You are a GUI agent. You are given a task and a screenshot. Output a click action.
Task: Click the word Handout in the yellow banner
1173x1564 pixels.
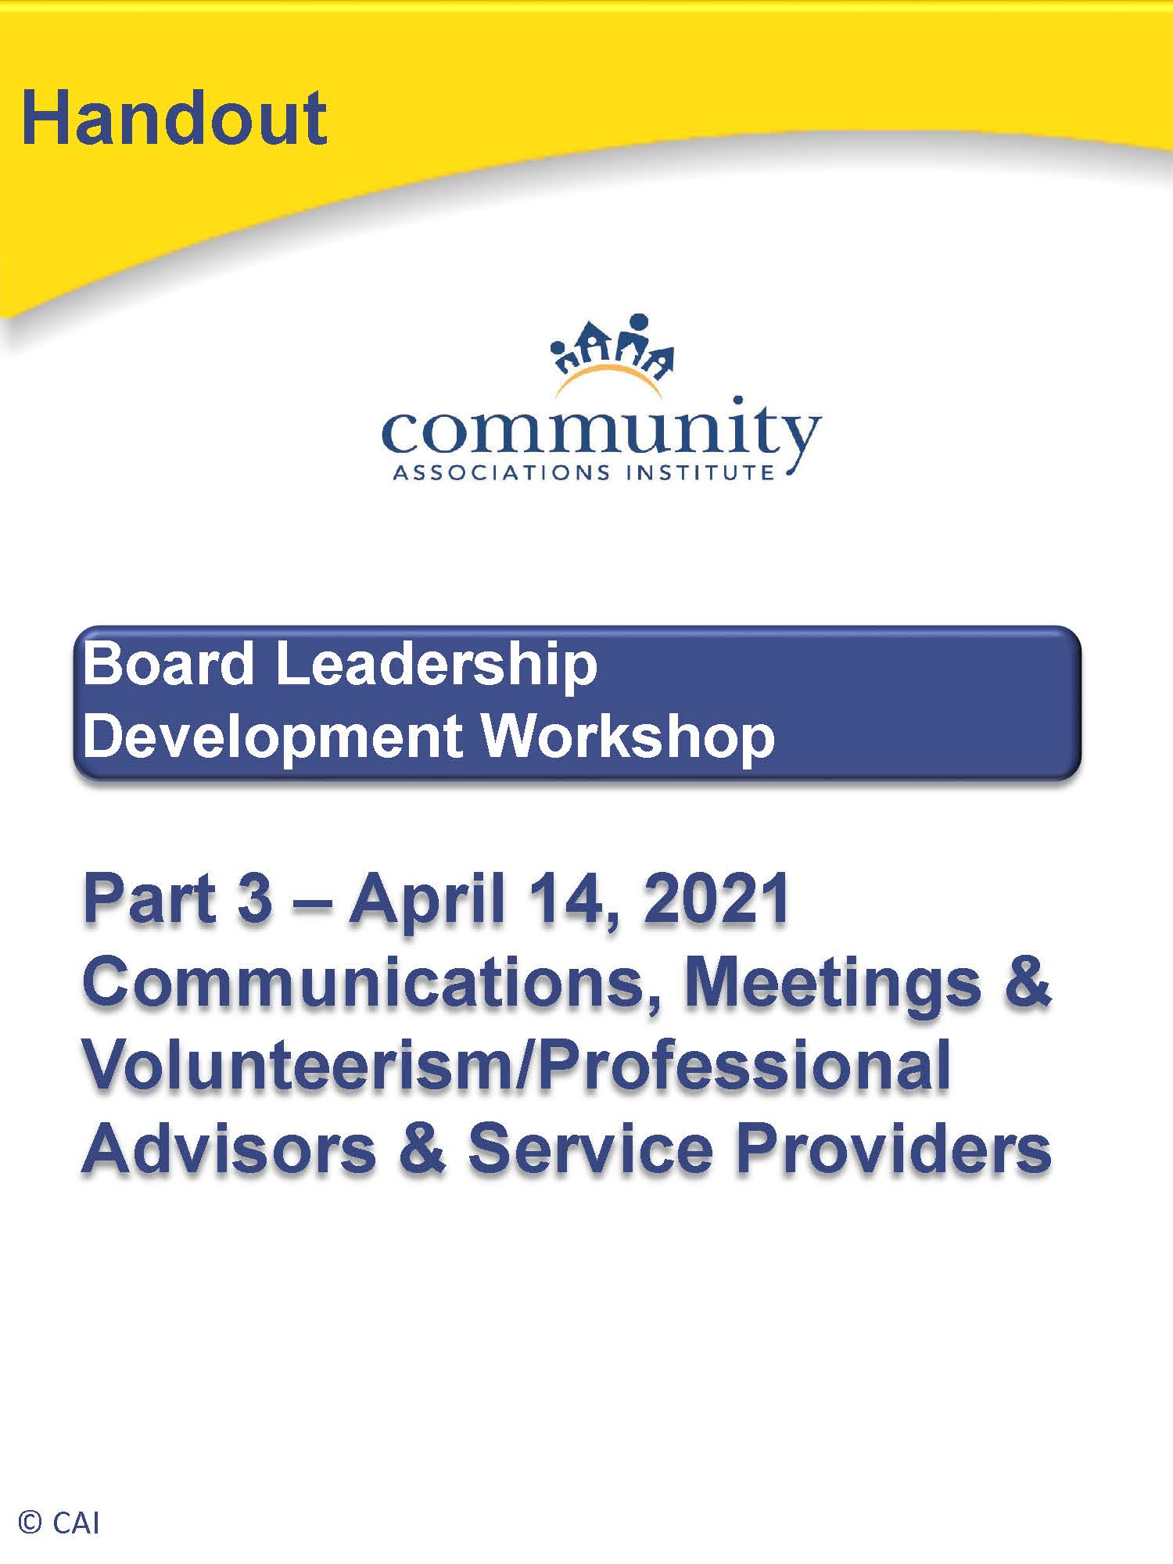[174, 118]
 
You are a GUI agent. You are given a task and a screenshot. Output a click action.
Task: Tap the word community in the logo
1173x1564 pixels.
[601, 429]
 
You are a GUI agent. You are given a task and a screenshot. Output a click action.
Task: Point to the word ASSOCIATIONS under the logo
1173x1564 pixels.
[501, 473]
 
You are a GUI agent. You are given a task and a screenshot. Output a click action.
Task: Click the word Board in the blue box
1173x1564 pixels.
[169, 664]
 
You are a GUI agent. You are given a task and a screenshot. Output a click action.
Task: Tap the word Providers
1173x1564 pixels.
[894, 1150]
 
